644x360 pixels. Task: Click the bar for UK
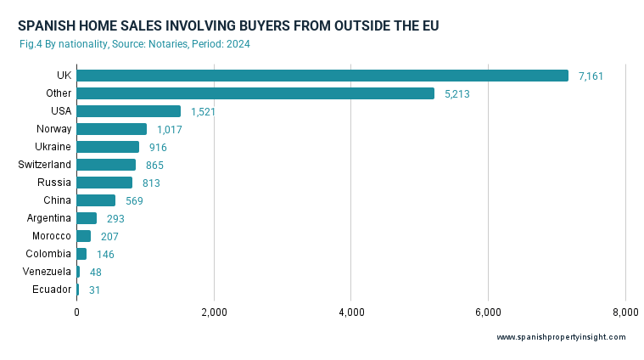click(322, 76)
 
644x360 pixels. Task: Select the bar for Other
click(255, 93)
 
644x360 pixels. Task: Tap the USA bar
click(128, 111)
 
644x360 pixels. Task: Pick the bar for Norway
click(111, 129)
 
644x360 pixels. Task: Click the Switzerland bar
click(106, 165)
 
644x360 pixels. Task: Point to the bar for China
click(96, 200)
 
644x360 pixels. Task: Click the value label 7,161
click(591, 76)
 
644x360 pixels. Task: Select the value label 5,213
click(456, 94)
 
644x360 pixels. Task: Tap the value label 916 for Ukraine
click(158, 148)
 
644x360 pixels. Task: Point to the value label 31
click(96, 290)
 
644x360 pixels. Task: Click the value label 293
click(115, 219)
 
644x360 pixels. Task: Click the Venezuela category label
click(47, 272)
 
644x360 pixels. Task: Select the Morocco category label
click(52, 236)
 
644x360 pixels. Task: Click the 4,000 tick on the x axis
click(351, 313)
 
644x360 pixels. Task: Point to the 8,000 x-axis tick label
click(625, 313)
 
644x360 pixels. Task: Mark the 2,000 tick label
click(214, 313)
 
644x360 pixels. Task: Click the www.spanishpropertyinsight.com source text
click(561, 337)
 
